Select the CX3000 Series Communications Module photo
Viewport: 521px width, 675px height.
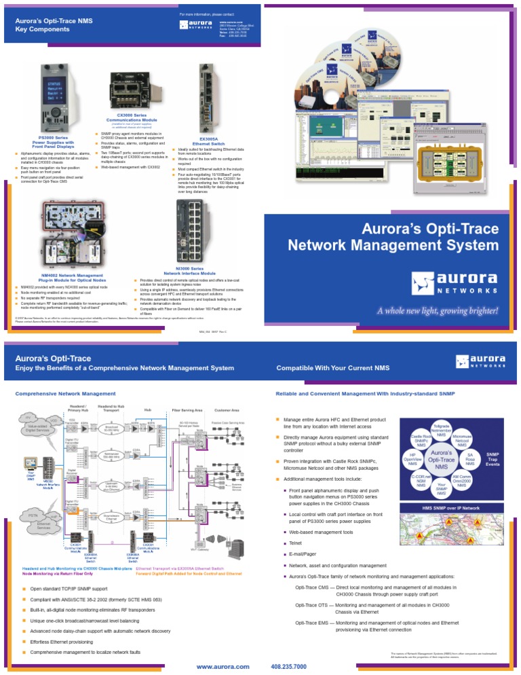click(x=132, y=92)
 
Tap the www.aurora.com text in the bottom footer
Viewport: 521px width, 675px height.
click(x=222, y=666)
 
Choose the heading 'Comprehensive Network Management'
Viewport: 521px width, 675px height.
click(x=65, y=393)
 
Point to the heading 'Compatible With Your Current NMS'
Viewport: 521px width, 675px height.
click(x=333, y=368)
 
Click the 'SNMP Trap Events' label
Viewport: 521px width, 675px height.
click(x=494, y=459)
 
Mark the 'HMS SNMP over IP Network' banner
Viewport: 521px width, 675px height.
click(x=451, y=507)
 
